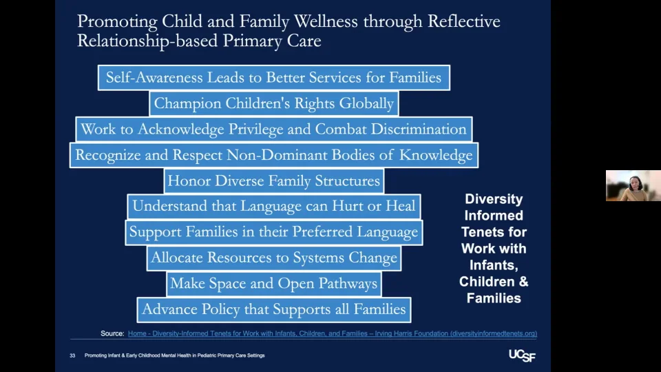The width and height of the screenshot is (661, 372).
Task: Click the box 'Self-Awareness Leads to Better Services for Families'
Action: point(273,77)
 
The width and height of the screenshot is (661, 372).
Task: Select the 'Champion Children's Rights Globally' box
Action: point(273,103)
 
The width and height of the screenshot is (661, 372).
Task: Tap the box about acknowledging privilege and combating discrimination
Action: point(273,129)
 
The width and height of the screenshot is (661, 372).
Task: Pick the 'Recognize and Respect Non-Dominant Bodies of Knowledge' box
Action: point(273,155)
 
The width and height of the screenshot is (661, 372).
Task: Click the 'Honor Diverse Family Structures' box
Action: point(273,181)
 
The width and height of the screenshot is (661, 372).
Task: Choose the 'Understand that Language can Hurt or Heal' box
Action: point(273,206)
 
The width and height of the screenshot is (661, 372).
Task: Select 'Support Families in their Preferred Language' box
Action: point(273,232)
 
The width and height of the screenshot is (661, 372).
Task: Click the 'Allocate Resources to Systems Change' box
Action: point(273,258)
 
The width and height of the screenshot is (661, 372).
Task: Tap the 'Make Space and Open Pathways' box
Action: point(273,284)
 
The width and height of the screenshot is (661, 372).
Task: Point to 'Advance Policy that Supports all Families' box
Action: point(273,309)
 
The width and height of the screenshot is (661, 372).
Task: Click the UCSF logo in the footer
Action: point(521,355)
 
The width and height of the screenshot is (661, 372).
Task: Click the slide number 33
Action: point(72,355)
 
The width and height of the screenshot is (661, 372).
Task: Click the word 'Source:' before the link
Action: point(112,333)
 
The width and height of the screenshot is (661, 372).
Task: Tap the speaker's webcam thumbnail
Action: point(633,186)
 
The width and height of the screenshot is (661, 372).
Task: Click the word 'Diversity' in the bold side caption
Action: point(494,199)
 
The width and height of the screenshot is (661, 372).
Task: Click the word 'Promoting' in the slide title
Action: point(112,21)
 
